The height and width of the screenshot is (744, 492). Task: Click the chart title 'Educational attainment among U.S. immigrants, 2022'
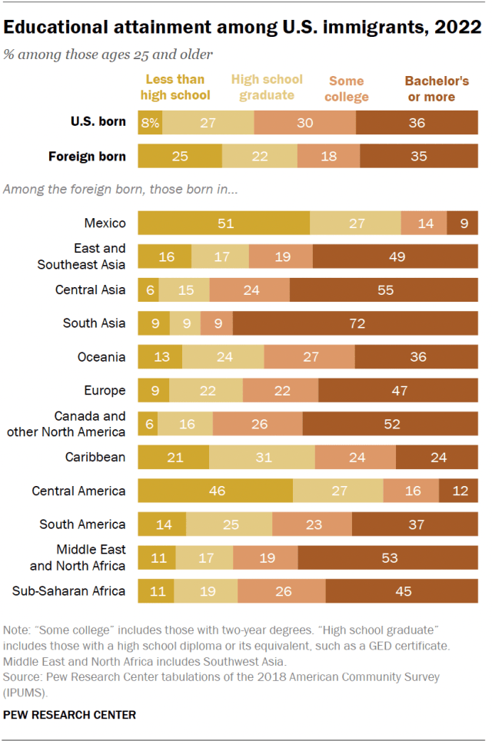click(x=243, y=28)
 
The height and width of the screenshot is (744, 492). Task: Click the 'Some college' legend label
click(x=348, y=88)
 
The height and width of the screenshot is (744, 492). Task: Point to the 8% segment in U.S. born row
click(x=150, y=122)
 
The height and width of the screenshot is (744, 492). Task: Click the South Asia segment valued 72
click(x=355, y=323)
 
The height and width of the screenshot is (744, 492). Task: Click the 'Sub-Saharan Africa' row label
click(x=69, y=591)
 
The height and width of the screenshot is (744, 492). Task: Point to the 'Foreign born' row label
click(x=87, y=156)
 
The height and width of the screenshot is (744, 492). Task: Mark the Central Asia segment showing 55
click(x=384, y=289)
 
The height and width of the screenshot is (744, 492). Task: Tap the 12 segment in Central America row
click(x=458, y=491)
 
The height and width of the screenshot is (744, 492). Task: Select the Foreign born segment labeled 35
click(x=418, y=156)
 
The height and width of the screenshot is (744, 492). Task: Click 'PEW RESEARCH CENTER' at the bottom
click(x=70, y=715)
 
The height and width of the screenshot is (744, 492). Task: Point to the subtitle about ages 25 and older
click(x=108, y=54)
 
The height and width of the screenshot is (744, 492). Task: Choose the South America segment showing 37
click(x=414, y=524)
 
